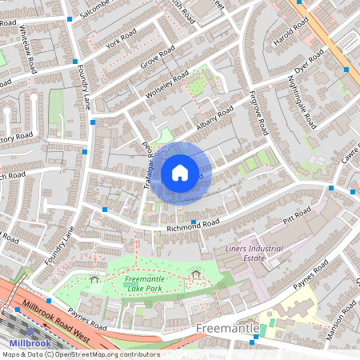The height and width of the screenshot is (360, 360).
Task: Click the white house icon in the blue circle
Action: (180, 171)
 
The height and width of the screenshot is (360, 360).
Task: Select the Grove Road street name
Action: (157, 58)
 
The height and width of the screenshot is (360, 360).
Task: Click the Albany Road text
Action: (213, 118)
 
